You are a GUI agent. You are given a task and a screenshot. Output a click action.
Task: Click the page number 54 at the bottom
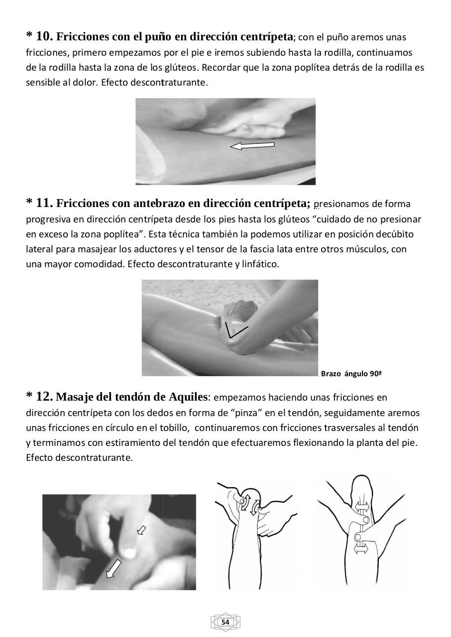click(225, 623)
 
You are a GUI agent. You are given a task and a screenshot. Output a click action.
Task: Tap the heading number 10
click(44, 36)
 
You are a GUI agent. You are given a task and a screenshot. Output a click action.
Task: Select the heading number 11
click(44, 203)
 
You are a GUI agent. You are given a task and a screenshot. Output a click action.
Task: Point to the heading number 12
click(44, 397)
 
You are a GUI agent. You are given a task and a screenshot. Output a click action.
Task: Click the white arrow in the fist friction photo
click(252, 145)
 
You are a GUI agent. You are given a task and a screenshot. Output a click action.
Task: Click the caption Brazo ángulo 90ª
click(351, 373)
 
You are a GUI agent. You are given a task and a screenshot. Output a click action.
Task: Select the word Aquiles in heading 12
click(188, 397)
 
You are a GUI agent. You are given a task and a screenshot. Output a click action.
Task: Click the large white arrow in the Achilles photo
click(114, 568)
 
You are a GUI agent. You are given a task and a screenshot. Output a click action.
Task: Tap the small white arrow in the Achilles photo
click(141, 531)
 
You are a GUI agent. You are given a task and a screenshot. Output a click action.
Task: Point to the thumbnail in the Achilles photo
click(129, 552)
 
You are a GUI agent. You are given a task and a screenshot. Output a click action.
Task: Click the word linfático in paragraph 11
click(260, 264)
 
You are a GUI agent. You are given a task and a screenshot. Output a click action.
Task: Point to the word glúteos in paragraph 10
click(177, 67)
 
